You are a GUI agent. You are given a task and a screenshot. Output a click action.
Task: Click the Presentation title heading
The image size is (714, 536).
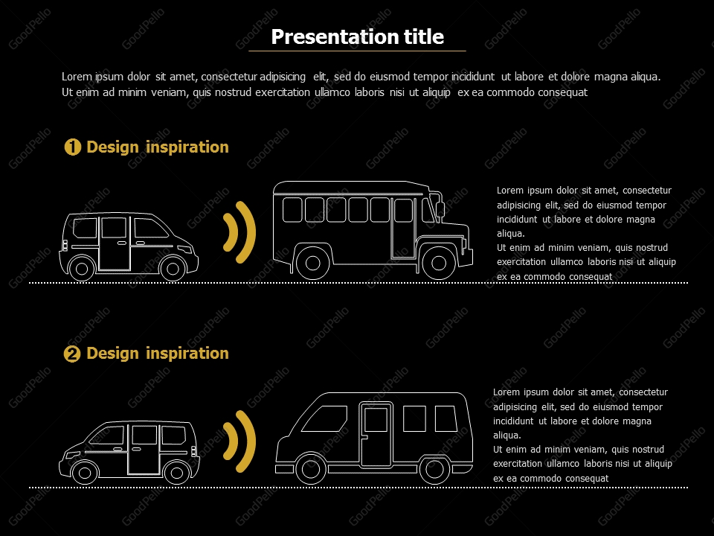coord(357,36)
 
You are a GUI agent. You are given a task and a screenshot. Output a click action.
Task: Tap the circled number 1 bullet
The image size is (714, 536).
coord(73,147)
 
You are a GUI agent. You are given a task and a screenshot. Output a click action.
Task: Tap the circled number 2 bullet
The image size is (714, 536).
coord(73,354)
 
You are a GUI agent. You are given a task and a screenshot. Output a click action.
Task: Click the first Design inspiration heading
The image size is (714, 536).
coord(158,147)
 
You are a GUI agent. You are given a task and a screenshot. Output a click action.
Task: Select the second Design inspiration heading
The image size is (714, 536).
coord(158,354)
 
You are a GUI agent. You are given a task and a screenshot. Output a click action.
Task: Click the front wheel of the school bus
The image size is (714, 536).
coord(439,263)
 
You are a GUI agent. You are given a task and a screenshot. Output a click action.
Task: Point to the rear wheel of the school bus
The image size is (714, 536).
coord(312,263)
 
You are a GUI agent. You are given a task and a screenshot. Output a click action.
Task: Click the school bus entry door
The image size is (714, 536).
coord(404,227)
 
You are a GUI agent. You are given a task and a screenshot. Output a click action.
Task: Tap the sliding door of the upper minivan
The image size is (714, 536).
coord(114,242)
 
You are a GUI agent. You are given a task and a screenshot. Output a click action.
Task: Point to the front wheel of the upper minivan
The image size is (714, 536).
coord(173,267)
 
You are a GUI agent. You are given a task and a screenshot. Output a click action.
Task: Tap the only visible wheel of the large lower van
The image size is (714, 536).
coord(434,469)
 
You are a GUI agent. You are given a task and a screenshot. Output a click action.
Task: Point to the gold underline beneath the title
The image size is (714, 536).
coord(357,51)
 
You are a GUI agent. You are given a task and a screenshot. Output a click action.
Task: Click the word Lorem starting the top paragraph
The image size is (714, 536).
coord(76,77)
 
